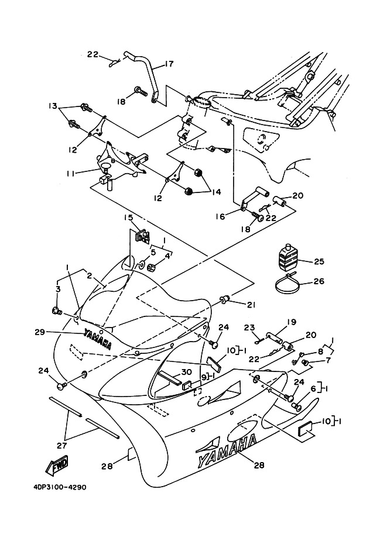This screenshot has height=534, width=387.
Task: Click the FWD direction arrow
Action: click(x=57, y=466)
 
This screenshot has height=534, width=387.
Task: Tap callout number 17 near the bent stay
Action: click(x=169, y=64)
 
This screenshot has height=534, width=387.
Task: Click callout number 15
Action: click(x=128, y=218)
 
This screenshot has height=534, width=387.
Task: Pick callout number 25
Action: click(x=318, y=261)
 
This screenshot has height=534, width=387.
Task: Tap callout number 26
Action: click(x=318, y=281)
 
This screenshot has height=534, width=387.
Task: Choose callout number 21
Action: click(x=251, y=304)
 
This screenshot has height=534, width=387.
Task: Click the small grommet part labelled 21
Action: click(x=224, y=301)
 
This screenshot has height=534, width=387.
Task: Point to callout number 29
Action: click(x=56, y=332)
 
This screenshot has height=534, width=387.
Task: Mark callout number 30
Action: click(x=186, y=372)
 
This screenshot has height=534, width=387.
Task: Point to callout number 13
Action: click(x=53, y=106)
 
